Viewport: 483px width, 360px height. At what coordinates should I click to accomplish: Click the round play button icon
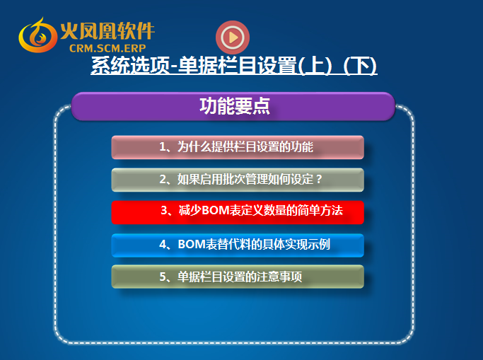click(x=233, y=37)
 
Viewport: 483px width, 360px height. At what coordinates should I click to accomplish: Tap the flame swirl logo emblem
click(x=37, y=35)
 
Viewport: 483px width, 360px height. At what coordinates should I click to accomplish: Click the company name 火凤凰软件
click(x=107, y=31)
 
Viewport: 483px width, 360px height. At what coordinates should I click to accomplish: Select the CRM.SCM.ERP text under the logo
click(x=107, y=48)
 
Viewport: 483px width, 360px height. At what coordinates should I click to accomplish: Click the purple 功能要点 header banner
click(x=233, y=106)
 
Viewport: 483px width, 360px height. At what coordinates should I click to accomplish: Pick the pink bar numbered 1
click(x=238, y=147)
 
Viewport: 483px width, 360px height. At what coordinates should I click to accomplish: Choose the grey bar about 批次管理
click(x=238, y=180)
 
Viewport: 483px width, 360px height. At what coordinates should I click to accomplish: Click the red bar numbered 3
click(x=238, y=212)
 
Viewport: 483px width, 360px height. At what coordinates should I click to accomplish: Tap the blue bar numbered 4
click(x=238, y=245)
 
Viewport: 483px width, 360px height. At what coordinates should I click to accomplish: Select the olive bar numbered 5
click(x=238, y=277)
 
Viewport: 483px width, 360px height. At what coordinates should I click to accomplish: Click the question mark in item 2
click(x=319, y=179)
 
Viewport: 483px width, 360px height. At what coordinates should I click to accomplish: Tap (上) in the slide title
click(x=315, y=65)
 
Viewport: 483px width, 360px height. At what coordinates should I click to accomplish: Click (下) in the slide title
click(x=360, y=65)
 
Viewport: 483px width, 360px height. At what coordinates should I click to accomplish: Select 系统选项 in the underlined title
click(x=130, y=65)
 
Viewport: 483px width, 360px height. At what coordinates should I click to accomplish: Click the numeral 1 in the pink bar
click(x=163, y=147)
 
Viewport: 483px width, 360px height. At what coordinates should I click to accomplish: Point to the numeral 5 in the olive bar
click(x=163, y=277)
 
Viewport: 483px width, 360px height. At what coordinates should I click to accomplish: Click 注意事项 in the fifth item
click(x=279, y=277)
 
